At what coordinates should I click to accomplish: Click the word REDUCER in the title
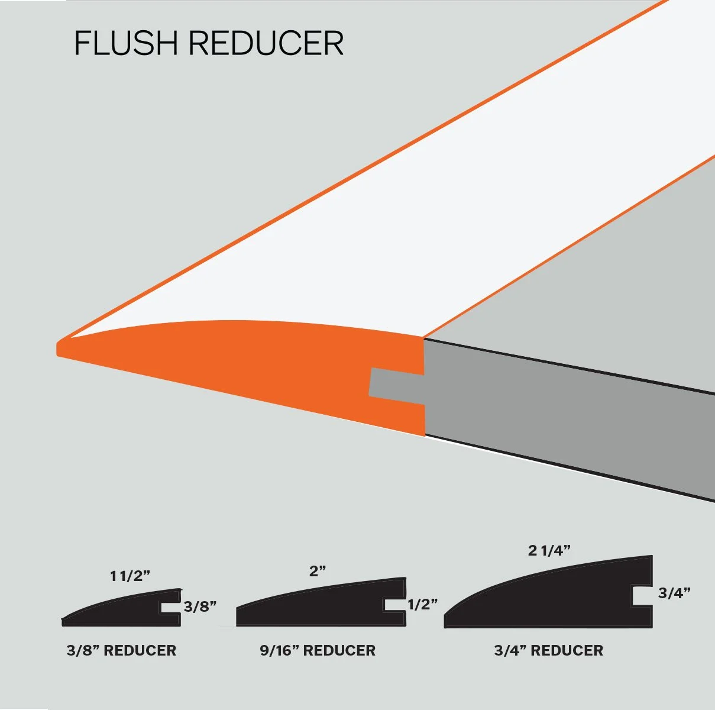coord(266,43)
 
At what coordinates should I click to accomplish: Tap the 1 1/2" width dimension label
coord(131,576)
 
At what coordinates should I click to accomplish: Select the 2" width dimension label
coord(318,571)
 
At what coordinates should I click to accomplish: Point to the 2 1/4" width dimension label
coord(549,550)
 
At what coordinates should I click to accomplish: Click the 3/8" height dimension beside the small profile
coord(200,606)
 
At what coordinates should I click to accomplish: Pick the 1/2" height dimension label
coord(422,604)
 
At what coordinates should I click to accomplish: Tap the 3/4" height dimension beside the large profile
coord(675,593)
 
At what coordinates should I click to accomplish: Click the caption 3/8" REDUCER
coord(121,650)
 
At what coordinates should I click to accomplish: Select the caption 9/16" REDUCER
coord(318,650)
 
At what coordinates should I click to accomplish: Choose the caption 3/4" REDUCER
coord(549,650)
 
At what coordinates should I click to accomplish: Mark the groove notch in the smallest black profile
coord(170,608)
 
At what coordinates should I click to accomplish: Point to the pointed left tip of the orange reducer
coord(59,348)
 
